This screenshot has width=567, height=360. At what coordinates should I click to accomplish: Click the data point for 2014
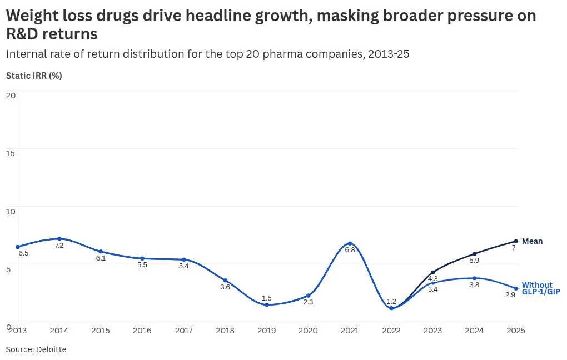pyautogui.click(x=59, y=238)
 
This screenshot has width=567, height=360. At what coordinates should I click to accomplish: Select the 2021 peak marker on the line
pyautogui.click(x=350, y=243)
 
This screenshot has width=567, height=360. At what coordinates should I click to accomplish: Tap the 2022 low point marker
pyautogui.click(x=391, y=308)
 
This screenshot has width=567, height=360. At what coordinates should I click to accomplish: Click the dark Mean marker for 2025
pyautogui.click(x=516, y=241)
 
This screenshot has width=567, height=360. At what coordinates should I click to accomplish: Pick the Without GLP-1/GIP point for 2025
pyautogui.click(x=516, y=288)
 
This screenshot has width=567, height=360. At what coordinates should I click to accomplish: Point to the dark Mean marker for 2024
pyautogui.click(x=474, y=254)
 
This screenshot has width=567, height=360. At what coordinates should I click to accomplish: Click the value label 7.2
pyautogui.click(x=59, y=246)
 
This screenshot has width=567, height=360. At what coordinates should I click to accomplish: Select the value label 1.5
pyautogui.click(x=266, y=298)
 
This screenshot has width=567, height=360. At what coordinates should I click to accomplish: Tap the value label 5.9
pyautogui.click(x=474, y=260)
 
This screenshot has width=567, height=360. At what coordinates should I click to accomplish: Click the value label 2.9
pyautogui.click(x=510, y=295)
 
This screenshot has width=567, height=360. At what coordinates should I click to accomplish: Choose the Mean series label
pyautogui.click(x=533, y=241)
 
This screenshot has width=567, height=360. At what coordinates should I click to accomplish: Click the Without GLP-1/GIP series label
pyautogui.click(x=541, y=288)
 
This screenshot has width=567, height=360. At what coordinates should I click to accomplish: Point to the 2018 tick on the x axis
pyautogui.click(x=225, y=331)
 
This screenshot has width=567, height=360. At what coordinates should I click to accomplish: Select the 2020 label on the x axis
pyautogui.click(x=308, y=331)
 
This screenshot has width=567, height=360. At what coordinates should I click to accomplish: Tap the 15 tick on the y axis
pyautogui.click(x=11, y=153)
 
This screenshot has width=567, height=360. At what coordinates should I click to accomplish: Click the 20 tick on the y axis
pyautogui.click(x=11, y=96)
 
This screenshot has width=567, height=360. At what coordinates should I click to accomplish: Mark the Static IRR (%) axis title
pyautogui.click(x=34, y=76)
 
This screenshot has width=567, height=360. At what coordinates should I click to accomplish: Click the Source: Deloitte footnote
pyautogui.click(x=36, y=349)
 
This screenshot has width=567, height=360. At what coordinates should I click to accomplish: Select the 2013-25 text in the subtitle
pyautogui.click(x=389, y=54)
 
